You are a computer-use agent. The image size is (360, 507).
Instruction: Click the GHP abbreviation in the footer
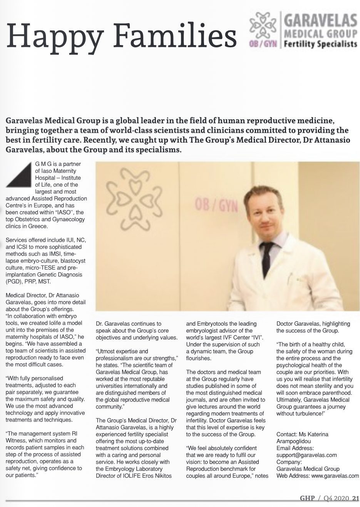[x=307, y=498]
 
